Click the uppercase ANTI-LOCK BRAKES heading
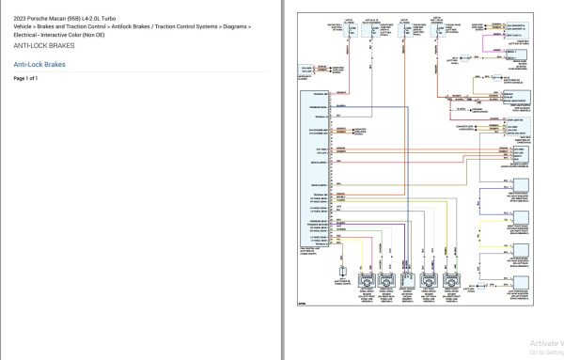coord(42,45)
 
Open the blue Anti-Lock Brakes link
coord(40,64)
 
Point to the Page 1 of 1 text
coord(26,78)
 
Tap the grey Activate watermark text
coord(543,343)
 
